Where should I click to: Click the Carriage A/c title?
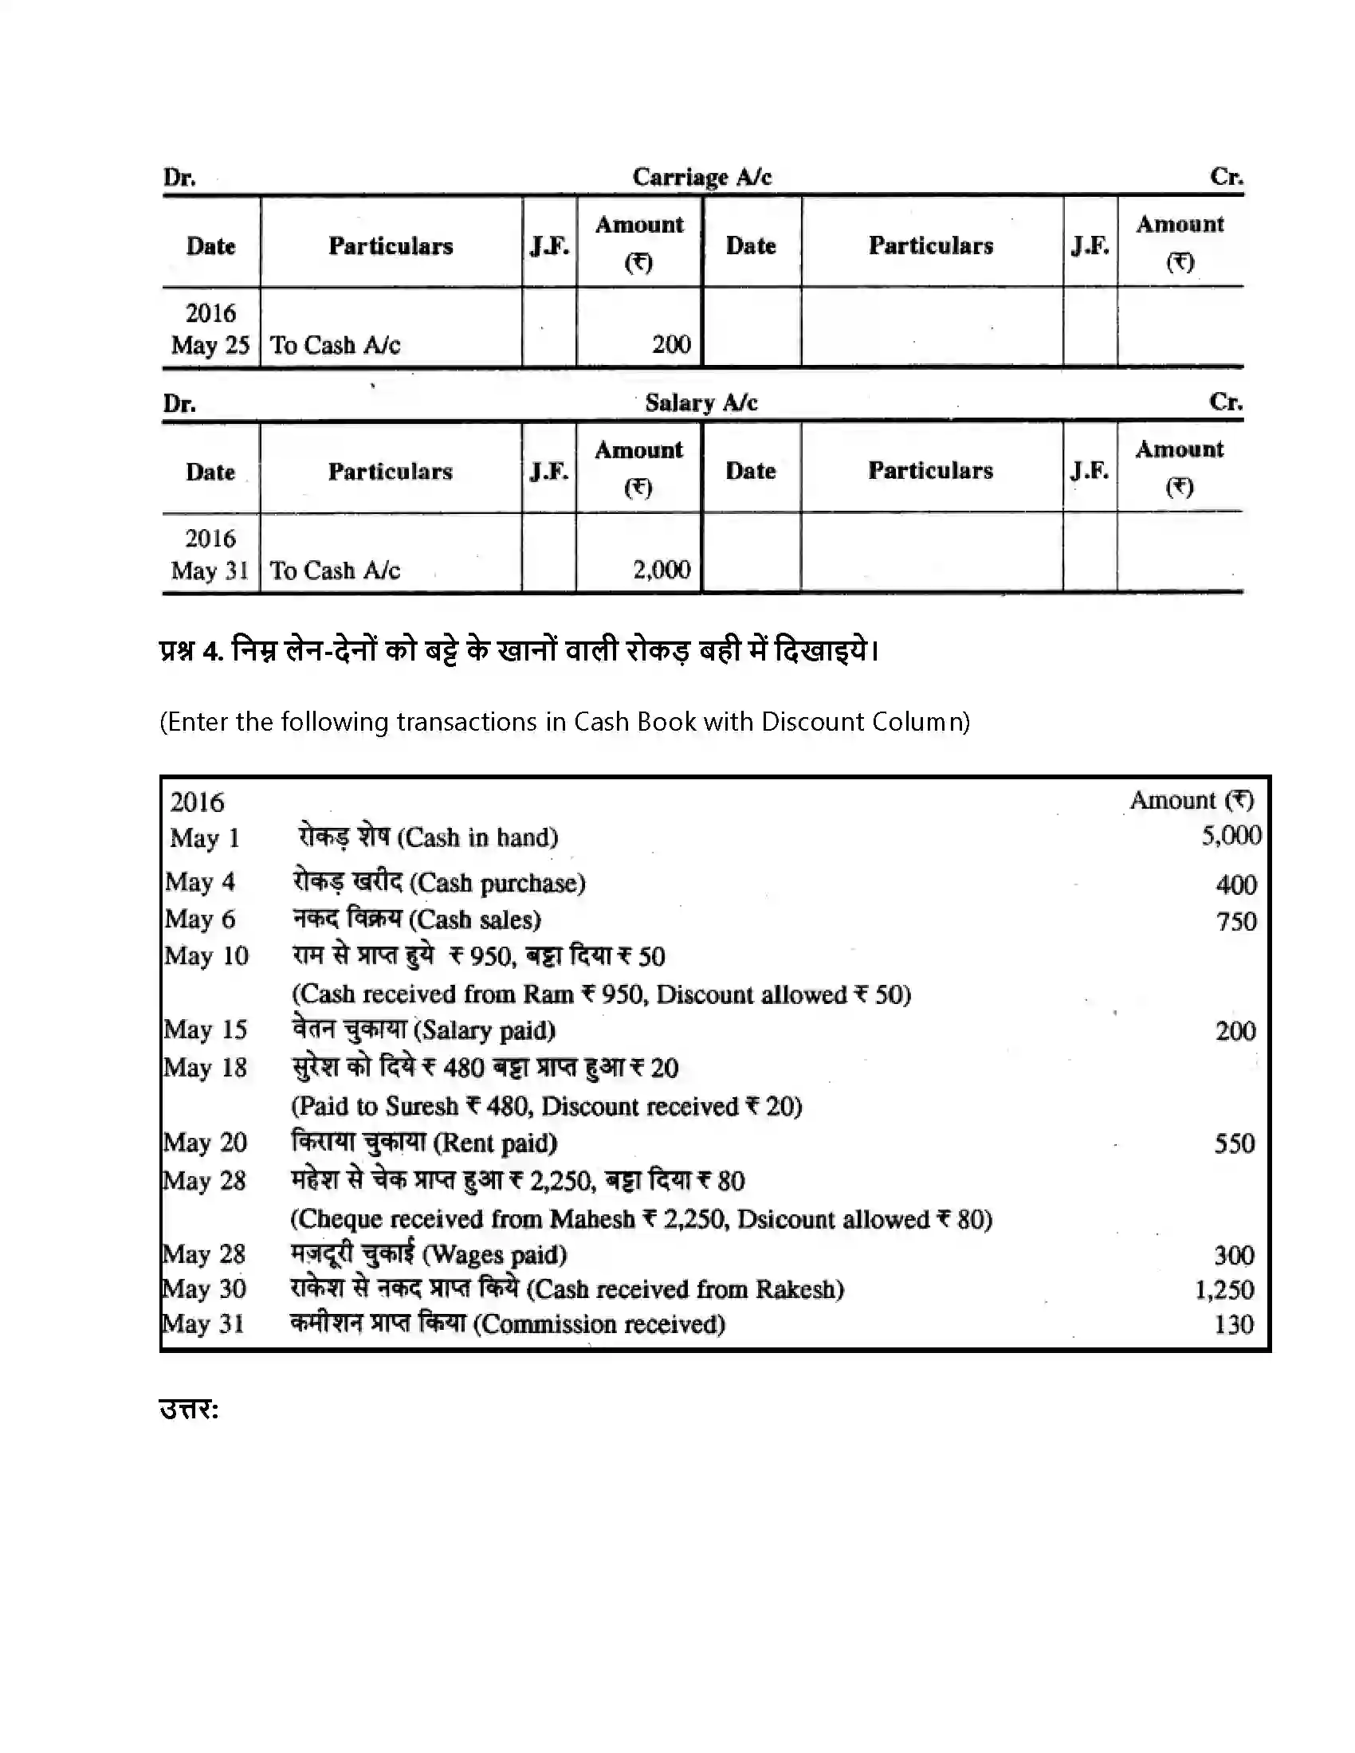(x=701, y=177)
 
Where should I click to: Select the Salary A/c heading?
(x=701, y=402)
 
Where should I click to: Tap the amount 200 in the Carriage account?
(x=671, y=344)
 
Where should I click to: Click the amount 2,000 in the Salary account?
(x=662, y=570)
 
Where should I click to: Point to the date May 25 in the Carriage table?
(x=210, y=345)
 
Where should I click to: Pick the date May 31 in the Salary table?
(x=210, y=571)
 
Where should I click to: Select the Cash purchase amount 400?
(x=1236, y=884)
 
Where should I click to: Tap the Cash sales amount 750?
(x=1236, y=920)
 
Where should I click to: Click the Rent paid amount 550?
(x=1235, y=1143)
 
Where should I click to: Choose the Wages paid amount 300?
(x=1234, y=1254)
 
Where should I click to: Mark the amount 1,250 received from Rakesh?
(x=1224, y=1290)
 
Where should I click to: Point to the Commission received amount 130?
(x=1234, y=1324)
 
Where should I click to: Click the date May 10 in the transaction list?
(x=206, y=956)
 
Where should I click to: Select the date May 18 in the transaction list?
(x=206, y=1068)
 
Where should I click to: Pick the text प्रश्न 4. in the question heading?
(x=191, y=649)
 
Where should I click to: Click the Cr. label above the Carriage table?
(x=1226, y=177)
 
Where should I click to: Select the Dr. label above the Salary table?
(x=180, y=403)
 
